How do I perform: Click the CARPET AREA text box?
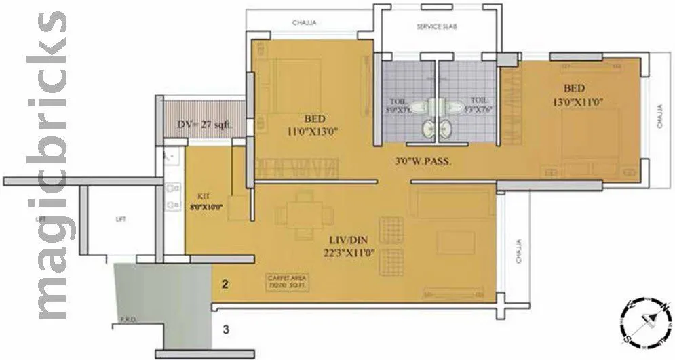pyautogui.click(x=288, y=282)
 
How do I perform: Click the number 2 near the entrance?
pyautogui.click(x=225, y=285)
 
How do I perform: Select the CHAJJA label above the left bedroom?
pyautogui.click(x=304, y=24)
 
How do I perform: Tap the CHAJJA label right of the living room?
pyautogui.click(x=519, y=254)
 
